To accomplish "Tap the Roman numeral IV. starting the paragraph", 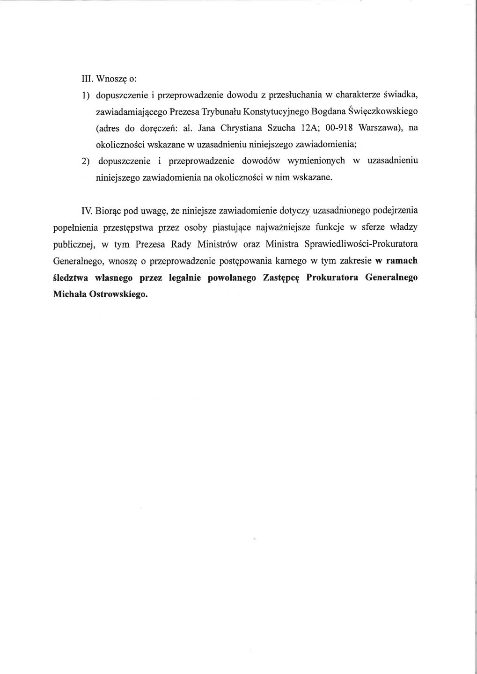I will pos(86,211).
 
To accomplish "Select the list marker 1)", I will pos(86,95).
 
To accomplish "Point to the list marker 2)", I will pos(86,161).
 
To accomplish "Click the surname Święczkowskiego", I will pos(384,111).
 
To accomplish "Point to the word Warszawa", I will pos(377,128).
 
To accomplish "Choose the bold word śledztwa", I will pos(71,278).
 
